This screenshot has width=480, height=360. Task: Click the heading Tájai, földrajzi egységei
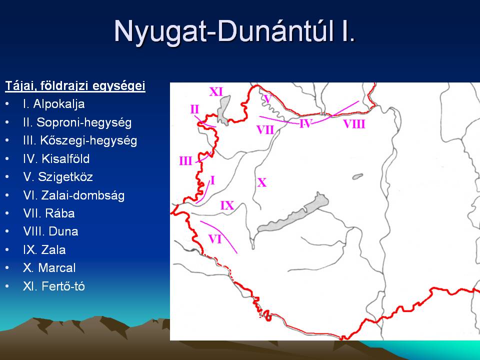click(75, 86)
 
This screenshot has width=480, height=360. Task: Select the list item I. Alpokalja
click(54, 104)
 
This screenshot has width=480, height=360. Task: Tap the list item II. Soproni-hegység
click(77, 122)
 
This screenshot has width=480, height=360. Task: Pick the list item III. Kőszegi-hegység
click(80, 140)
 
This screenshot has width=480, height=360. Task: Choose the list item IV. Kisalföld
click(56, 159)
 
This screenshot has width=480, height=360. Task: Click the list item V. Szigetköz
click(58, 177)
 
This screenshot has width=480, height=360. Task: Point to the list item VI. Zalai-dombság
click(74, 195)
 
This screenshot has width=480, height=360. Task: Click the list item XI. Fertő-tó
click(54, 286)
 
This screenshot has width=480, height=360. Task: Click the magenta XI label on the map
click(216, 92)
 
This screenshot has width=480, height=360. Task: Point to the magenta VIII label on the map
click(354, 124)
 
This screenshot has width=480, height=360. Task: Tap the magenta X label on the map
click(261, 183)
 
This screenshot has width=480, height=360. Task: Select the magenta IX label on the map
click(227, 205)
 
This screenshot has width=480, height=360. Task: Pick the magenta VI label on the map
click(215, 239)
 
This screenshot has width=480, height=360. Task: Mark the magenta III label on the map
click(185, 161)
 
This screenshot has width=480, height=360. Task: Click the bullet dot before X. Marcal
click(7, 268)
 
